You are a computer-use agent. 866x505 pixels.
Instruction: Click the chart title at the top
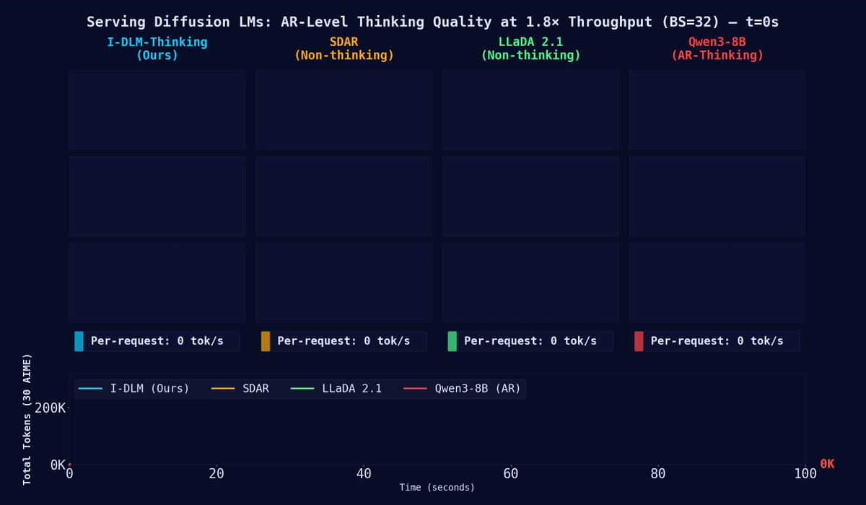432,22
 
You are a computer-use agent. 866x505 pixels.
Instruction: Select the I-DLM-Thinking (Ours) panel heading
157,48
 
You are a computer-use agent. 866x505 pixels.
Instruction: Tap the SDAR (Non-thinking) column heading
344,48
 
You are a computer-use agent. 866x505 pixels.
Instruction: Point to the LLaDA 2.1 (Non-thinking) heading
530,48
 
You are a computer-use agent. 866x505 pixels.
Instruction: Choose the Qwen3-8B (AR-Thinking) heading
717,48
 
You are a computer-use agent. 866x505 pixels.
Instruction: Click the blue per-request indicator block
79,341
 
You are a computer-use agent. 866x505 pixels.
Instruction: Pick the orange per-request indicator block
266,341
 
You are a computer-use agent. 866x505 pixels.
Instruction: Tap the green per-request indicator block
452,341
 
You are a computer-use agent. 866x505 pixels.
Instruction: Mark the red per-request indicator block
639,341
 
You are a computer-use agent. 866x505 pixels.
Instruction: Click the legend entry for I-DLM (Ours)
134,388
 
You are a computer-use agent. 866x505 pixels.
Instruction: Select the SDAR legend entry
240,388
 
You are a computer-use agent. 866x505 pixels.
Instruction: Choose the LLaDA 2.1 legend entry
336,388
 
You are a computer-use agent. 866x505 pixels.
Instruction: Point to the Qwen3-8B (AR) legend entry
462,388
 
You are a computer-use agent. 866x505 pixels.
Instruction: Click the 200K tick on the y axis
50,408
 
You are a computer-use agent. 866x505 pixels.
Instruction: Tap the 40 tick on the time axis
364,474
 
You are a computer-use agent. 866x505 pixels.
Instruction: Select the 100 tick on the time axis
805,474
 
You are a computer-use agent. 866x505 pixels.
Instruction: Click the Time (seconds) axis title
437,488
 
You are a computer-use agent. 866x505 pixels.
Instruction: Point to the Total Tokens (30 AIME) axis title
27,420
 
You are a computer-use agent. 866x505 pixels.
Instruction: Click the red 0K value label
827,464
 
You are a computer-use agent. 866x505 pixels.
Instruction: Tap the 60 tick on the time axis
511,474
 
